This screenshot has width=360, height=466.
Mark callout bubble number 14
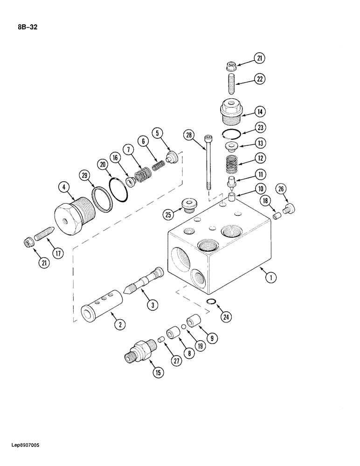coord(260,111)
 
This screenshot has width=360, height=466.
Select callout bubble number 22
coord(260,80)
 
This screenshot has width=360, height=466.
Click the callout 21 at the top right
coord(260,58)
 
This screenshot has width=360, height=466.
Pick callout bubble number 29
coord(84,176)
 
